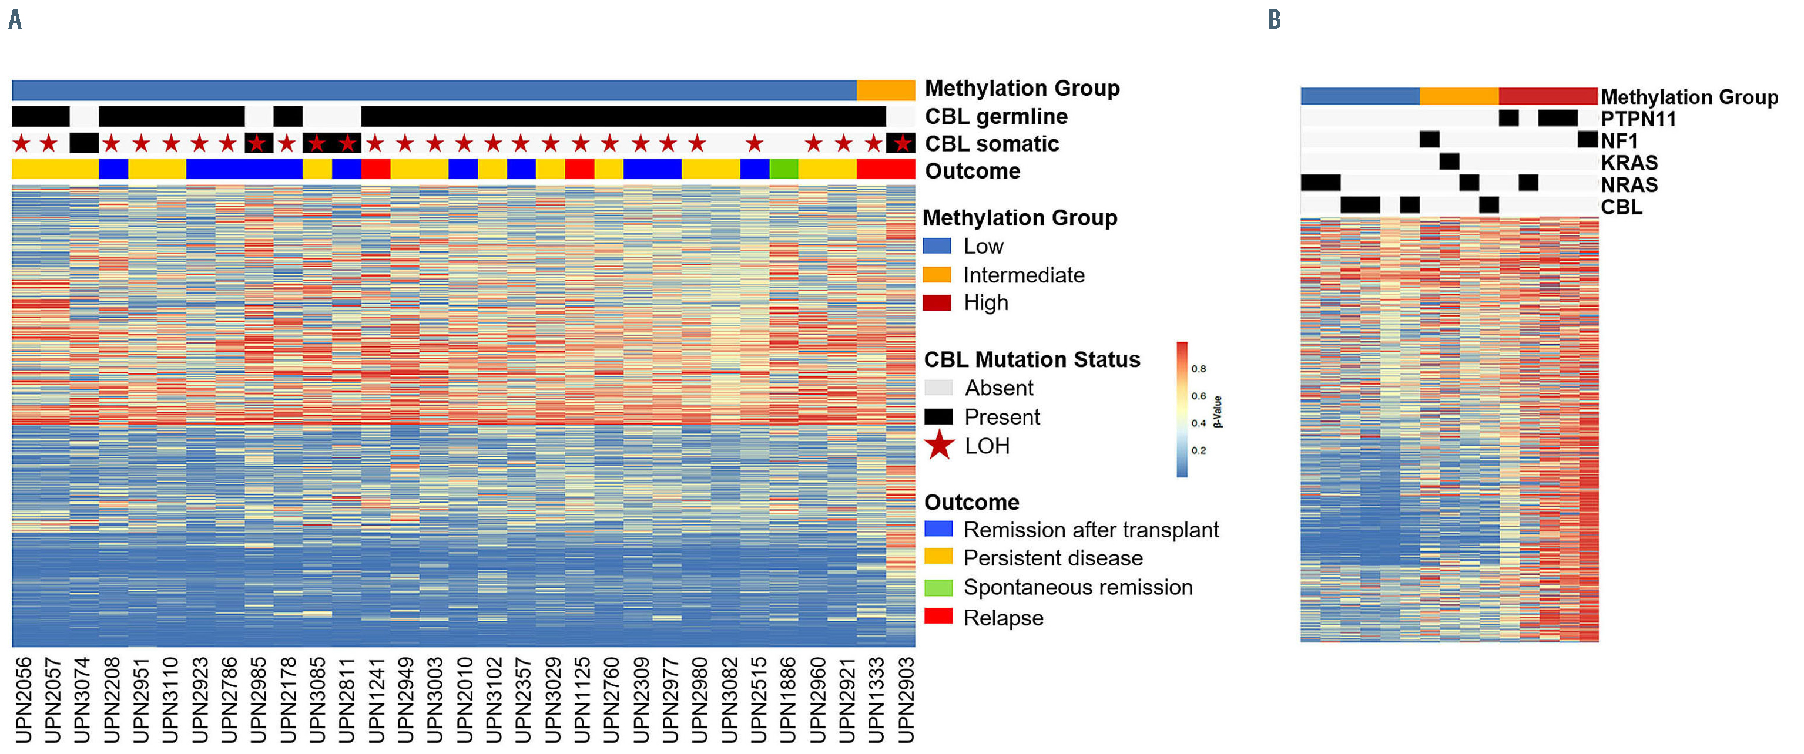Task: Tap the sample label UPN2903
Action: pyautogui.click(x=906, y=698)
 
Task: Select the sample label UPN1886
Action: pyautogui.click(x=788, y=698)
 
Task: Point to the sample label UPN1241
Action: pyautogui.click(x=376, y=698)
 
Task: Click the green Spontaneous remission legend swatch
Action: pyautogui.click(x=938, y=587)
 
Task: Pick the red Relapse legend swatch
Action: pyautogui.click(x=938, y=617)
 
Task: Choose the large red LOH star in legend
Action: pyautogui.click(x=939, y=445)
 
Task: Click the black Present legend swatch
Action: pyautogui.click(x=938, y=416)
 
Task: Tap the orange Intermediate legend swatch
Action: pyautogui.click(x=936, y=274)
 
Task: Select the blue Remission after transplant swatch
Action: pyautogui.click(x=938, y=529)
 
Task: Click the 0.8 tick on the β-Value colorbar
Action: pyautogui.click(x=1198, y=369)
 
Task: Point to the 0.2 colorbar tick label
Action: pyautogui.click(x=1198, y=450)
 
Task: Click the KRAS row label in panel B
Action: pyautogui.click(x=1629, y=163)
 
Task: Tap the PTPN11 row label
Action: pyautogui.click(x=1638, y=119)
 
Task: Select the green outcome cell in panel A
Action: pyautogui.click(x=784, y=170)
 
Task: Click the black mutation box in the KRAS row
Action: pyautogui.click(x=1449, y=161)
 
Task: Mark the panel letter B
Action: pyautogui.click(x=1274, y=19)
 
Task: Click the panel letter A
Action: pyautogui.click(x=15, y=19)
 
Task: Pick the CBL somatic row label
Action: pyautogui.click(x=992, y=143)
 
